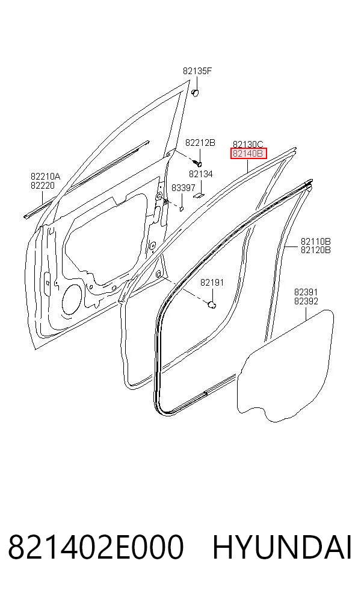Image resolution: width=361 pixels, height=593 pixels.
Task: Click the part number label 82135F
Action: (197, 71)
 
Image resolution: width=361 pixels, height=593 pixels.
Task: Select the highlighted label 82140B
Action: (248, 154)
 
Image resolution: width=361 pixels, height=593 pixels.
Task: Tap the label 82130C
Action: (248, 144)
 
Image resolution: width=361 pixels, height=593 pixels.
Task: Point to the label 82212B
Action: (200, 143)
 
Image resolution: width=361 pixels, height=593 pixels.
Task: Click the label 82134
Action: (200, 174)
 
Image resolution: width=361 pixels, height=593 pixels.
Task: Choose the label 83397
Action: (183, 188)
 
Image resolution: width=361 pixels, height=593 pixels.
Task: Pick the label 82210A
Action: (45, 176)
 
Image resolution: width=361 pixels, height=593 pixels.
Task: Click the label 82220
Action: (43, 186)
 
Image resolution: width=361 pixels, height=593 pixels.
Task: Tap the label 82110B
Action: (316, 241)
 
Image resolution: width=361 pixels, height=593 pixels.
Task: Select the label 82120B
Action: (316, 250)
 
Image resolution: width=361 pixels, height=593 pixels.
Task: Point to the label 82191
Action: (212, 283)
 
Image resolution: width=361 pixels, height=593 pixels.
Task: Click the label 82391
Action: (306, 292)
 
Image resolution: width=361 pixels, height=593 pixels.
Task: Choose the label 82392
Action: (306, 301)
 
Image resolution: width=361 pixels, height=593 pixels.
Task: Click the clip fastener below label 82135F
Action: (195, 93)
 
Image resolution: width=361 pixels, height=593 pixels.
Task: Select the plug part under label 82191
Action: (212, 304)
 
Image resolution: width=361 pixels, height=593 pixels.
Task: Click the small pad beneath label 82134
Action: (199, 195)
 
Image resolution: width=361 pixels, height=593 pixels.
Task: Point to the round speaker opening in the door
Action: (72, 299)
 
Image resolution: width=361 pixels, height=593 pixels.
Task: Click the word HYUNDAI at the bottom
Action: (282, 547)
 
